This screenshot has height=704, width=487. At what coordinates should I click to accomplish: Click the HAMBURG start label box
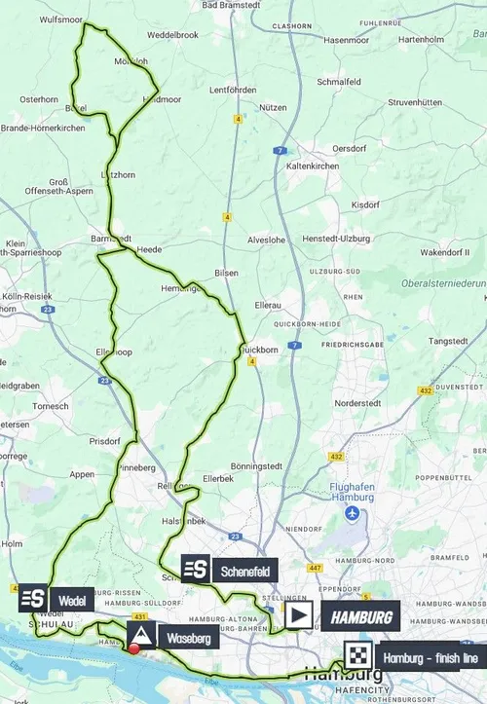[360, 616]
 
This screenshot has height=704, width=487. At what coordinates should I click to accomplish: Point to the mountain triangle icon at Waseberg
[141, 638]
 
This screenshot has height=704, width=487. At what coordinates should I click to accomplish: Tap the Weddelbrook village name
[171, 34]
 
